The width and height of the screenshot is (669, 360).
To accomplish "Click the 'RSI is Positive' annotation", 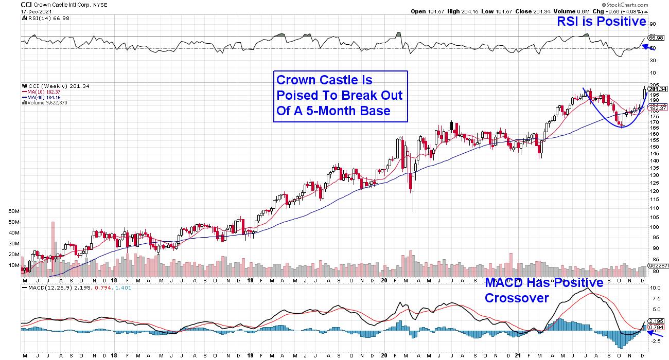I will click(x=602, y=22).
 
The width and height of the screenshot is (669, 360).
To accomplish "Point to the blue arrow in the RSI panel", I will click(x=639, y=46).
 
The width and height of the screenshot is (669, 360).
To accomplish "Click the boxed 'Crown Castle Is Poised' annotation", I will click(x=340, y=96).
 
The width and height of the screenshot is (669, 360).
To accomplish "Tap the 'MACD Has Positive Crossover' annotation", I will click(x=544, y=290).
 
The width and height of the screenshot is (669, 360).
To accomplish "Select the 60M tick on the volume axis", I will click(x=27, y=211).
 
